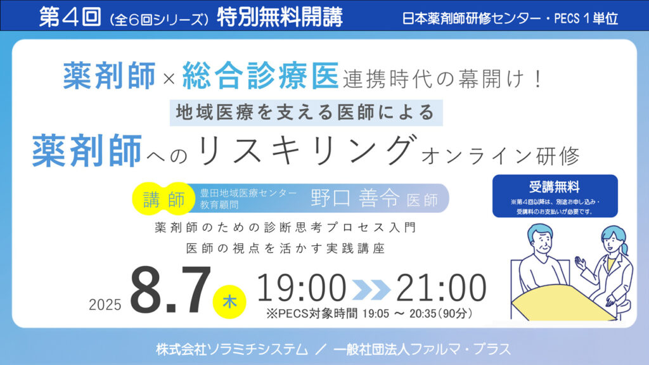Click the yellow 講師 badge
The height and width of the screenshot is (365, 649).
(x=164, y=199)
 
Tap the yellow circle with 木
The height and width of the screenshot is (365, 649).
(x=229, y=302)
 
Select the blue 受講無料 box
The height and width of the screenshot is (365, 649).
(x=555, y=196)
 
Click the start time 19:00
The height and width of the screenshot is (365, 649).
(x=302, y=288)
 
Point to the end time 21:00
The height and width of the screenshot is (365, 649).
(x=441, y=288)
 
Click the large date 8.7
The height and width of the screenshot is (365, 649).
(x=170, y=290)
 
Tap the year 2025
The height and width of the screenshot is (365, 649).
(x=105, y=305)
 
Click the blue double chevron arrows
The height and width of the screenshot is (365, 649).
(x=371, y=289)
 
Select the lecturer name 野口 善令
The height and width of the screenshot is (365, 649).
(x=355, y=198)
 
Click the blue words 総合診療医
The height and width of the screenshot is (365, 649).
(x=260, y=76)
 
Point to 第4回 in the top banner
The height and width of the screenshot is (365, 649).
(x=70, y=17)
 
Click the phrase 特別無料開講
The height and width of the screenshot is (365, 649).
(x=280, y=17)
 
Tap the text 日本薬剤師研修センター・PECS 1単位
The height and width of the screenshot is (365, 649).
(x=510, y=18)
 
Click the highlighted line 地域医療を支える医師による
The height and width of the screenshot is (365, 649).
(x=306, y=112)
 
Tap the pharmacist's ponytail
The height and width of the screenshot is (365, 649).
(x=624, y=248)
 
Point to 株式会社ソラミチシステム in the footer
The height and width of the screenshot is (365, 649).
(x=232, y=349)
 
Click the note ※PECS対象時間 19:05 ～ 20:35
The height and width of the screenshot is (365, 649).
(x=369, y=314)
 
